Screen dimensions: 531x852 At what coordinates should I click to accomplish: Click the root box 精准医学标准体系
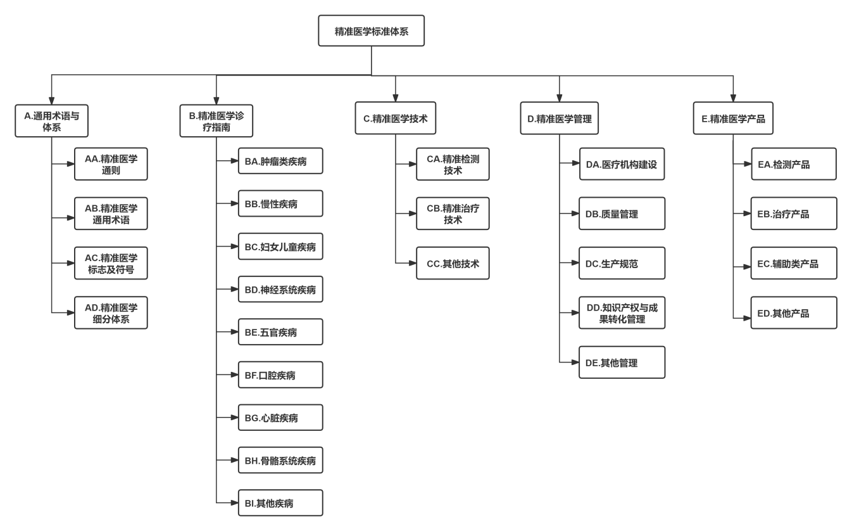click(x=371, y=31)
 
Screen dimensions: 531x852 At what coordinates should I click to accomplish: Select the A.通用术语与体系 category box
click(x=51, y=120)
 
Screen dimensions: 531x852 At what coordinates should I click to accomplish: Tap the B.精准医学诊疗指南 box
click(x=216, y=120)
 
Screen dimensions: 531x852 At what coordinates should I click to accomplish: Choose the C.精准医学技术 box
click(x=396, y=118)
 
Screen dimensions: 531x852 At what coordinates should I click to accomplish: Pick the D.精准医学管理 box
click(x=559, y=118)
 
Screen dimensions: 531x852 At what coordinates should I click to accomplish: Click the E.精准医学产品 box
click(x=733, y=118)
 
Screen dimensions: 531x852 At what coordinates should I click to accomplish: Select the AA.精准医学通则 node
click(x=111, y=164)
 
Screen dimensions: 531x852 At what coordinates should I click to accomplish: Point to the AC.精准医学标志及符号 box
click(x=111, y=263)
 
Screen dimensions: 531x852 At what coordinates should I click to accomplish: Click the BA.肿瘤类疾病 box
click(x=280, y=161)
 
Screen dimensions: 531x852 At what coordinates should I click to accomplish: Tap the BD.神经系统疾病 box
click(x=280, y=290)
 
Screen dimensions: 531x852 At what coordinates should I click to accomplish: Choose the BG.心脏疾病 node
click(x=280, y=418)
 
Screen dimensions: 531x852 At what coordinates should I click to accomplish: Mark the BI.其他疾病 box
click(x=280, y=503)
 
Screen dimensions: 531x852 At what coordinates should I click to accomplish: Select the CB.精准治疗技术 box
click(x=453, y=214)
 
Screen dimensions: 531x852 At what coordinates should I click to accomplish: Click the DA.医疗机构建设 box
click(x=622, y=164)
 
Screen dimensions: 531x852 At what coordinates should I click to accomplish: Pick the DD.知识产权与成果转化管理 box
click(x=622, y=313)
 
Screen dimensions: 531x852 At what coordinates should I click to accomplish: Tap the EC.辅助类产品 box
click(x=794, y=263)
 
